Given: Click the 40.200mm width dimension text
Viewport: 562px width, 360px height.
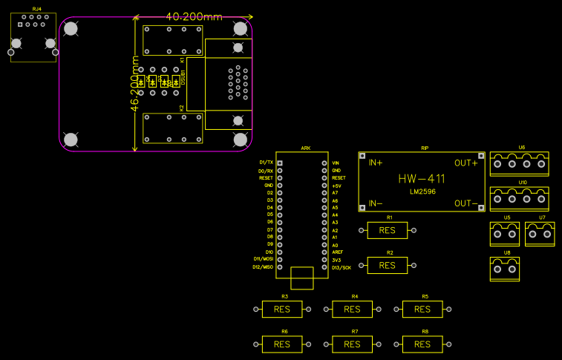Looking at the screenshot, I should coord(194,16).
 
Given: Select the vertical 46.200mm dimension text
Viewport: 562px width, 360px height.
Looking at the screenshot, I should coord(135,83).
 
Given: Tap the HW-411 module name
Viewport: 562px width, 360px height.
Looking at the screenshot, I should coord(421,179).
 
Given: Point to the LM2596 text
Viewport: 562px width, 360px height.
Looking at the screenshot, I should coord(422,192).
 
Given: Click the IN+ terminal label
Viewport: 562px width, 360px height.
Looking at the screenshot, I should coord(376,163).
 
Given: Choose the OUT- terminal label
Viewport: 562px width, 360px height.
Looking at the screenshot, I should coord(465,203).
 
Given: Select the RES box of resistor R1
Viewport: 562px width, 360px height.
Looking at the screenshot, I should coord(388,230).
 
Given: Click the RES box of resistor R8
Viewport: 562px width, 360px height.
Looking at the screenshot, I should coord(422,344).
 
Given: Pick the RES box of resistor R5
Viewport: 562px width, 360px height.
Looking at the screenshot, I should coord(422,309).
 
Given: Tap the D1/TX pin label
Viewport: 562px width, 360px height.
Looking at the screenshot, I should coord(266,163).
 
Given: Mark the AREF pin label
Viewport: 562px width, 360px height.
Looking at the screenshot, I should coord(337,252).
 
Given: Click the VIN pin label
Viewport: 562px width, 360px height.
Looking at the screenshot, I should coord(336,163).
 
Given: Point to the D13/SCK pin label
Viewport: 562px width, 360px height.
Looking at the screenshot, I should coord(342,267).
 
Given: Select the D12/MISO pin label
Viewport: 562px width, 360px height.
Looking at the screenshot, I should coord(263,266).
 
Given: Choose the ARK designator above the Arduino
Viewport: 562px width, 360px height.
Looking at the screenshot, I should coord(306,148).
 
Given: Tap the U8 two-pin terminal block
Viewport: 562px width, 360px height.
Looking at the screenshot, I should coord(505,269).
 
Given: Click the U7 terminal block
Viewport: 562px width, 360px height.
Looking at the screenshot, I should coord(540,234).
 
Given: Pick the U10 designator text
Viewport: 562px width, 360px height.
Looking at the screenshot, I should coord(522,181).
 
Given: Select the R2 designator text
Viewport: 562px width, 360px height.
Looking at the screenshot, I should coord(390,252).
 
